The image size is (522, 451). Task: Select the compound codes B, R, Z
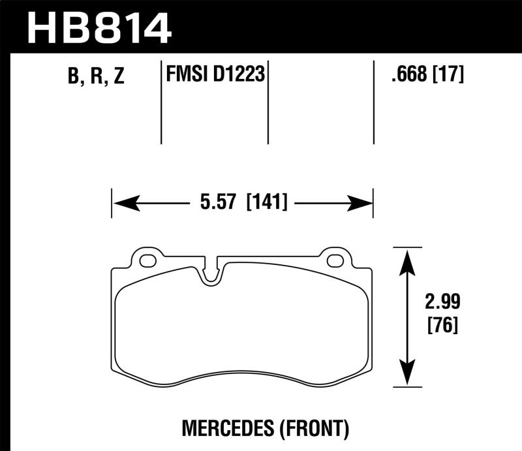(95, 77)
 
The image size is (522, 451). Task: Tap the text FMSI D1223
(215, 75)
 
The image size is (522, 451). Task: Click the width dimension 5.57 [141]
(242, 202)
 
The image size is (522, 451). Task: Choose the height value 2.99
(442, 303)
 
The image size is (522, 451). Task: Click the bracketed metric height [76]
(442, 324)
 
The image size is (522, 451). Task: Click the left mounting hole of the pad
(147, 262)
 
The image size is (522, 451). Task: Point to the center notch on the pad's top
(210, 273)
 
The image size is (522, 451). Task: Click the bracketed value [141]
(268, 202)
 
